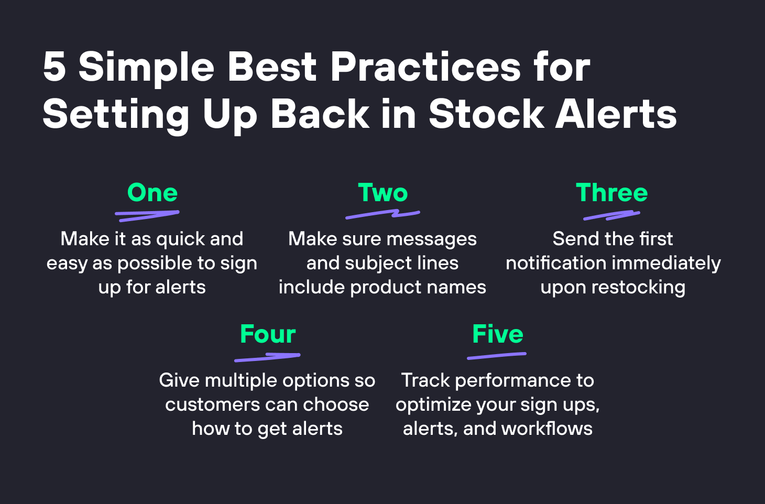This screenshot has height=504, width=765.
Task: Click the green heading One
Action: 152,193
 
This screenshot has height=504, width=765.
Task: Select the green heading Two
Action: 382,193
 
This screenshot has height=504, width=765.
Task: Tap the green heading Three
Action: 611,193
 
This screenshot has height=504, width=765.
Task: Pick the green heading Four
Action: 268,334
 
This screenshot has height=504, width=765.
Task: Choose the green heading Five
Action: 497,334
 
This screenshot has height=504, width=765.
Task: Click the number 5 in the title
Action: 54,67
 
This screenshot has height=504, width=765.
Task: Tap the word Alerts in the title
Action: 616,114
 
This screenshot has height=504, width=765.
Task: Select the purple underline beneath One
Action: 147,215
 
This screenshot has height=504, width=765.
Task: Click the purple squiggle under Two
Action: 382,214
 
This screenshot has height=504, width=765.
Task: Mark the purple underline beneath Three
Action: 611,215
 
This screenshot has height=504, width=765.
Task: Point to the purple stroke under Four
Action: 267,357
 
